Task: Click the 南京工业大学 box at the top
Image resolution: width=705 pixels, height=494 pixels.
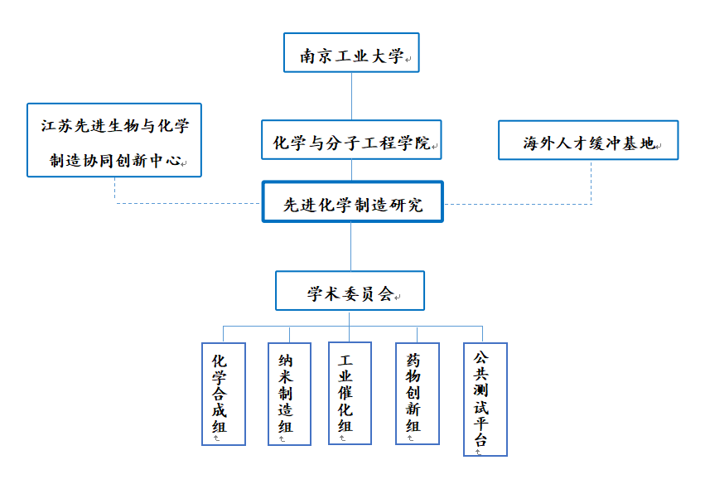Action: coord(351,53)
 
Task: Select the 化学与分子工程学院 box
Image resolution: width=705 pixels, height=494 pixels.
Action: coord(351,139)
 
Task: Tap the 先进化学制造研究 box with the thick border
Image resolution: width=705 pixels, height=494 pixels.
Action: coord(353,201)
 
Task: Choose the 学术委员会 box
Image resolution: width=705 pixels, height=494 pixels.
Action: coord(350,291)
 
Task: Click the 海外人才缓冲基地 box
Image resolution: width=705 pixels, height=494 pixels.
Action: coord(588,140)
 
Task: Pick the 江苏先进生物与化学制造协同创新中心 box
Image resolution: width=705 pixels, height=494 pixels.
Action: coord(114,140)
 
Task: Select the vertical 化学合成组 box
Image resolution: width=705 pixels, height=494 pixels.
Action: coord(224,394)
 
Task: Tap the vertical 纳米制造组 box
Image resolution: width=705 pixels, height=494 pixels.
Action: coord(289,394)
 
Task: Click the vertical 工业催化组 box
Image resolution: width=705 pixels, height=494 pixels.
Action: coord(350,393)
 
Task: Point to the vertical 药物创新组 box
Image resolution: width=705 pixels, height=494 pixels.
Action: coord(418,394)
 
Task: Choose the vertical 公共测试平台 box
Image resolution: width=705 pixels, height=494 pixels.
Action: coord(485,400)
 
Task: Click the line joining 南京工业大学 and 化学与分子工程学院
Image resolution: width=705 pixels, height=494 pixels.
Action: coord(351,96)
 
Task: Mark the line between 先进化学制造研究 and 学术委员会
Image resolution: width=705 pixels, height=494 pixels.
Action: coord(350,246)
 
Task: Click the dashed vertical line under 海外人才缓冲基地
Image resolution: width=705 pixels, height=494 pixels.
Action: coord(592,182)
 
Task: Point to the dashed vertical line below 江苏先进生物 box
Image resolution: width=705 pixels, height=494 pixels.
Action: coord(115,191)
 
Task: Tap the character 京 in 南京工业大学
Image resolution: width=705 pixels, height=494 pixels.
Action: coord(324,56)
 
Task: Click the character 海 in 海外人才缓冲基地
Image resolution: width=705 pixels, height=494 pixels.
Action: coord(530,143)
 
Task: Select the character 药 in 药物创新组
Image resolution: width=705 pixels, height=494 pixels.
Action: coord(413,360)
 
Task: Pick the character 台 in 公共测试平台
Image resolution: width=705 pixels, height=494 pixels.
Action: coord(480,439)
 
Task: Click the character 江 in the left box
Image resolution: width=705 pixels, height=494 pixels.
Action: coord(49,125)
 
